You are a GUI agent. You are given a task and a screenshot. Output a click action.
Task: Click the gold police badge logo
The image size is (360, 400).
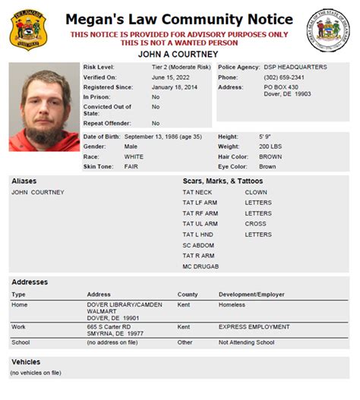click(27, 30)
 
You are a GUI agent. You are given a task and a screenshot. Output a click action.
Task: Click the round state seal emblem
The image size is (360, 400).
click(328, 30)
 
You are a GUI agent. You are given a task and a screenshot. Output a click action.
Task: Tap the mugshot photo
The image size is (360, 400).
click(43, 107)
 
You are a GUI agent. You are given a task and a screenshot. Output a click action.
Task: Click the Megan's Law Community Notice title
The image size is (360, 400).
click(178, 19)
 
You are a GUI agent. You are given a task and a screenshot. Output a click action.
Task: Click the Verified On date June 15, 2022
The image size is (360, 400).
click(169, 77)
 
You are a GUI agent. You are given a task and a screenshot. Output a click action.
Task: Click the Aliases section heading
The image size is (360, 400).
click(24, 181)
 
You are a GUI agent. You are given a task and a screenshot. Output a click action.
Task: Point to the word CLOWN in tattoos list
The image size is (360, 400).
click(256, 193)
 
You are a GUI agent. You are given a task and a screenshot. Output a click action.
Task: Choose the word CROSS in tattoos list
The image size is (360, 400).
click(256, 225)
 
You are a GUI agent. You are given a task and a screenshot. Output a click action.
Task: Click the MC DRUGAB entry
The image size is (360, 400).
click(201, 267)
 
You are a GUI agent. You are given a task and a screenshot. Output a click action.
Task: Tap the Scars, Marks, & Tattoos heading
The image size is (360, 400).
click(223, 181)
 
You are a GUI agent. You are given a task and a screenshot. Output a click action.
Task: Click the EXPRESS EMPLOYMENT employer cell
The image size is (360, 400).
click(254, 327)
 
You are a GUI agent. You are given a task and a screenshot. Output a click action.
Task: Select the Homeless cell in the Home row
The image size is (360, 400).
click(232, 305)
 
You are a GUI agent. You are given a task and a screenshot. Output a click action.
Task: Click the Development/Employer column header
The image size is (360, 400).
click(254, 294)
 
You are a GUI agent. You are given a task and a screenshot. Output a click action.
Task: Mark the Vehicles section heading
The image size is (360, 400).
click(26, 362)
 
